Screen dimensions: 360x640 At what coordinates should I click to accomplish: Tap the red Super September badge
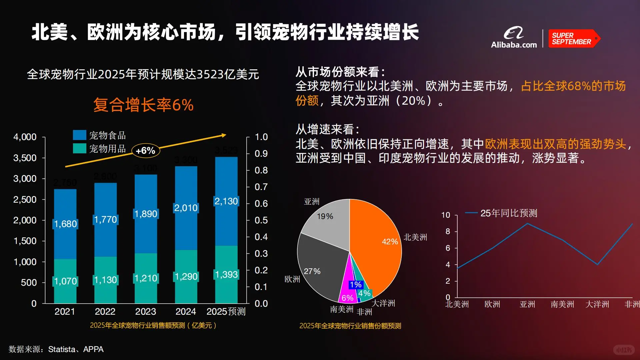pos(573,39)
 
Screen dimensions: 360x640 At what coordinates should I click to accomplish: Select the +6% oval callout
pos(146,151)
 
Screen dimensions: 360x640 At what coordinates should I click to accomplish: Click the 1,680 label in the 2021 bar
pos(65,224)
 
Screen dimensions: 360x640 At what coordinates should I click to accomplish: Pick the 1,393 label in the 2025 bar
pos(226,274)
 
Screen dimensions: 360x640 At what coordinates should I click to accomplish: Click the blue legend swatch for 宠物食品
pos(79,135)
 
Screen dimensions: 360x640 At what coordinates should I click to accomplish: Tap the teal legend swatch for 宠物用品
pos(79,148)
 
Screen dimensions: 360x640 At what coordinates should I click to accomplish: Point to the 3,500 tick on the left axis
pos(25,158)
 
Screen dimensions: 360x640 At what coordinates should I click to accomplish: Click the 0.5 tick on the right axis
pos(261,220)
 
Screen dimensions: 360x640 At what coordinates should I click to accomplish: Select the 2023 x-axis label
pos(145,311)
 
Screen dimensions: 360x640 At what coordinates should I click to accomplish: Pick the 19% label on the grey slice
pos(325,216)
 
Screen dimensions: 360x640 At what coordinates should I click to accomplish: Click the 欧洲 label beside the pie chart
pos(292,279)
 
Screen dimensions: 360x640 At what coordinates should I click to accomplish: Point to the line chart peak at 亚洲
pos(527,223)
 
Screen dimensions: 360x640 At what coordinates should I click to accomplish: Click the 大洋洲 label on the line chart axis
pos(597,304)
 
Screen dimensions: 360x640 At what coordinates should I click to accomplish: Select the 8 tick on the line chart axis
pos(448,231)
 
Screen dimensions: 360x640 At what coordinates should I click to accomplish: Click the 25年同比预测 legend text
pos(509,213)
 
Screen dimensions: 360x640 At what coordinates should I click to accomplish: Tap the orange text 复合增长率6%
pos(143,105)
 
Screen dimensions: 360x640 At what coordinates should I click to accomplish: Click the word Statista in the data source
pos(62,349)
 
